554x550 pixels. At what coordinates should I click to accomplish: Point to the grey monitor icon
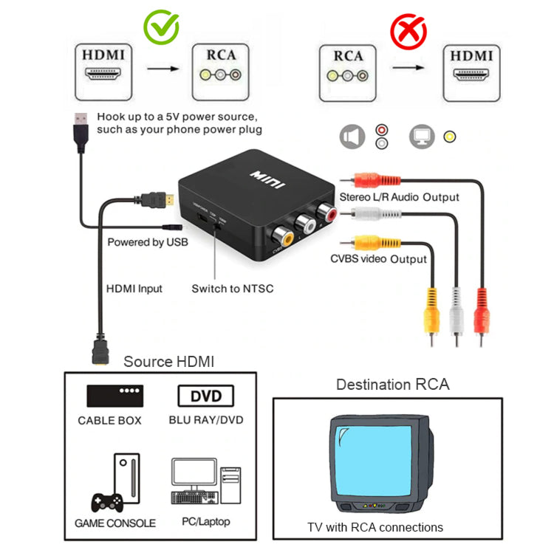(x=422, y=137)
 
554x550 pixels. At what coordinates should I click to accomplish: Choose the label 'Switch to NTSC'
(x=232, y=288)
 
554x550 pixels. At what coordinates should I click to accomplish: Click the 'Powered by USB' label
(x=148, y=242)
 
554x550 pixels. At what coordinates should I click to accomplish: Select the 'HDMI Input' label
(x=134, y=289)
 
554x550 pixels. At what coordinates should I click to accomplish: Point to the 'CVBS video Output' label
(x=378, y=259)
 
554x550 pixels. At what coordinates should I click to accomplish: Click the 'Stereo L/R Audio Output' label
(x=399, y=197)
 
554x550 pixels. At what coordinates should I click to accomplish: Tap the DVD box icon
(x=205, y=396)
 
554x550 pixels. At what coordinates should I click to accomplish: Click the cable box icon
(x=114, y=396)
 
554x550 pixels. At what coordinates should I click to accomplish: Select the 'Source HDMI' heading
(x=168, y=362)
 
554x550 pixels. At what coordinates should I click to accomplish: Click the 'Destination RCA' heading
(x=392, y=385)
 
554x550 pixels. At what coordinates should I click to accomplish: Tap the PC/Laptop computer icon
(x=205, y=483)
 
